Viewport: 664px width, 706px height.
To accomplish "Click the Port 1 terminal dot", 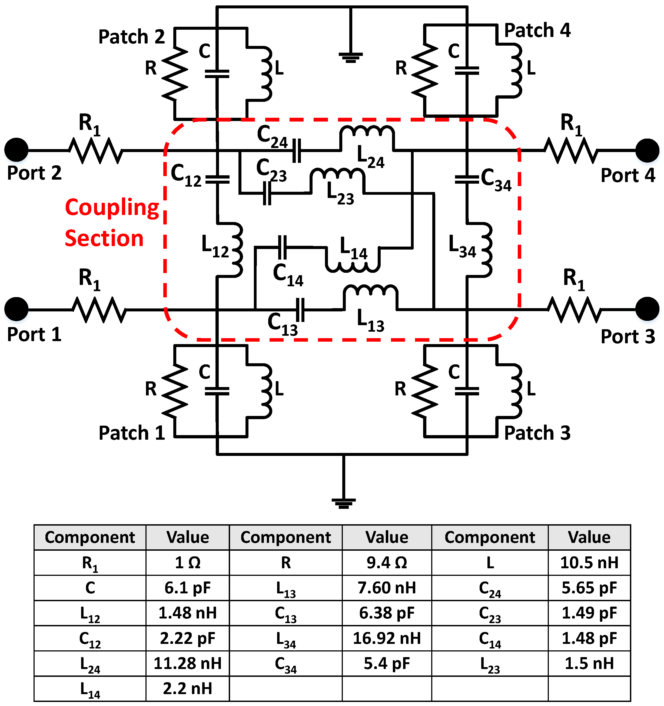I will point(16,309).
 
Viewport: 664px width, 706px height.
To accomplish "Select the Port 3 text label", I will point(628,336).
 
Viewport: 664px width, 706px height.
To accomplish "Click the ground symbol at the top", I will point(350,57).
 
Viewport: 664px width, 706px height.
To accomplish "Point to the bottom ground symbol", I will point(343,503).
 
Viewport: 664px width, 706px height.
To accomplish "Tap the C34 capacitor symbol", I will point(467,179).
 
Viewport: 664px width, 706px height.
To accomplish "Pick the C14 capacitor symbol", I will point(282,247).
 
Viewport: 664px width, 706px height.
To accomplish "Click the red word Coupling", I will point(112,208).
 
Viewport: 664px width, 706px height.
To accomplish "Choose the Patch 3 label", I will point(537,433).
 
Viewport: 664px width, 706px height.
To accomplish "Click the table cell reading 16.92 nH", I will point(386,638).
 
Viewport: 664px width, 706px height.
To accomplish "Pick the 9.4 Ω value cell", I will point(386,563).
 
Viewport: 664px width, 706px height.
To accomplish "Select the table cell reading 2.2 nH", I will point(187,689).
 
